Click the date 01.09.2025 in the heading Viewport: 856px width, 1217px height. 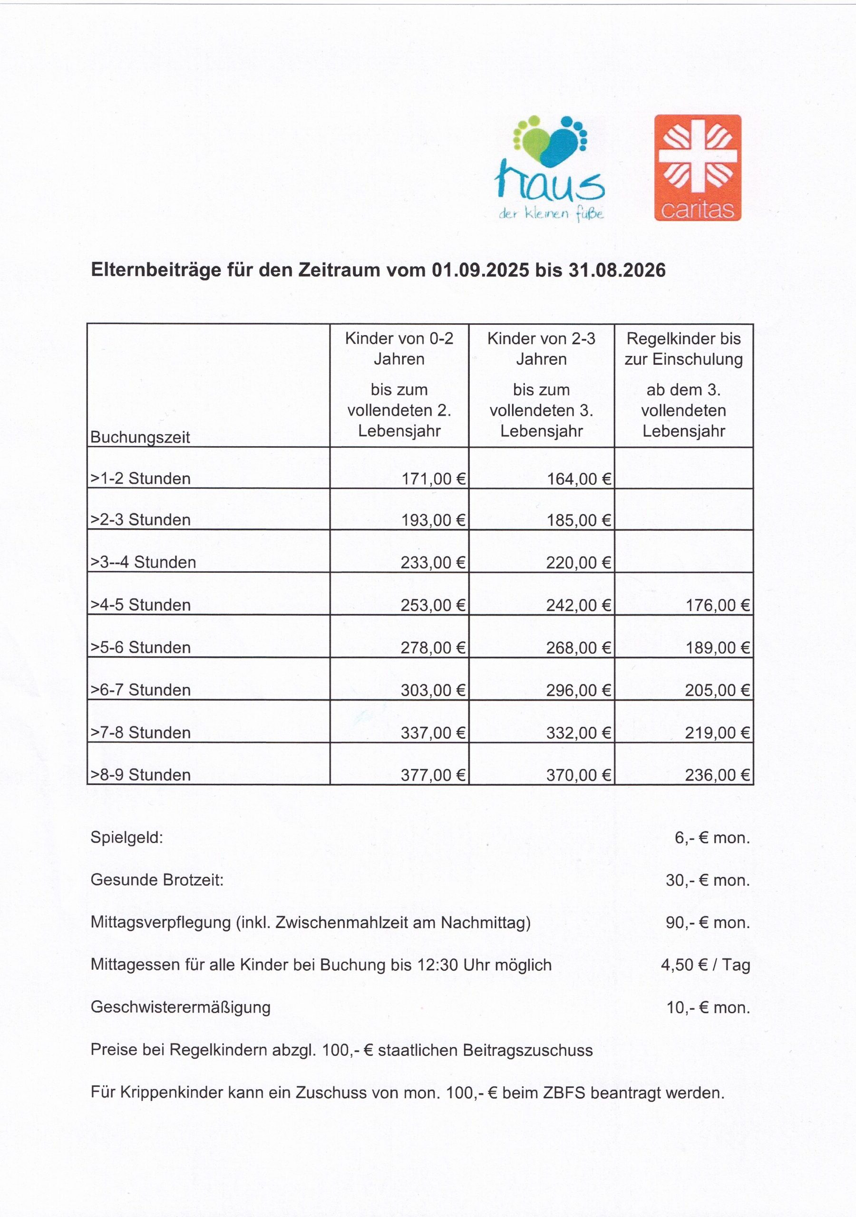(x=480, y=270)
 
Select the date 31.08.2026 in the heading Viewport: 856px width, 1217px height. (x=617, y=270)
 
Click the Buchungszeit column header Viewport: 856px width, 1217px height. (x=140, y=437)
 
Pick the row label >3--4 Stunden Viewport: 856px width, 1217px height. (x=143, y=562)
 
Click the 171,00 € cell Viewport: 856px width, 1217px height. (x=433, y=479)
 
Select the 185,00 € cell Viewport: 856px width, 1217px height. (x=579, y=520)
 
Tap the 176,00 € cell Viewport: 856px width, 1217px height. (x=718, y=605)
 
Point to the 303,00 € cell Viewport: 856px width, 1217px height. (x=433, y=690)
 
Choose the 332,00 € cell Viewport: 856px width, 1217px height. (x=579, y=733)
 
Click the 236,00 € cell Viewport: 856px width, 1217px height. (x=718, y=775)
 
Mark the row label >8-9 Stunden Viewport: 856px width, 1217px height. (x=141, y=775)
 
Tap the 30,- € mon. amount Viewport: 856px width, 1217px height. (x=708, y=880)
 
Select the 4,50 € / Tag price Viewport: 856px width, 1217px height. (x=705, y=965)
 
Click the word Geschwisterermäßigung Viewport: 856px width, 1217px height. (x=180, y=1007)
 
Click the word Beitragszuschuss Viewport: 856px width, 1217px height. (x=528, y=1050)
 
